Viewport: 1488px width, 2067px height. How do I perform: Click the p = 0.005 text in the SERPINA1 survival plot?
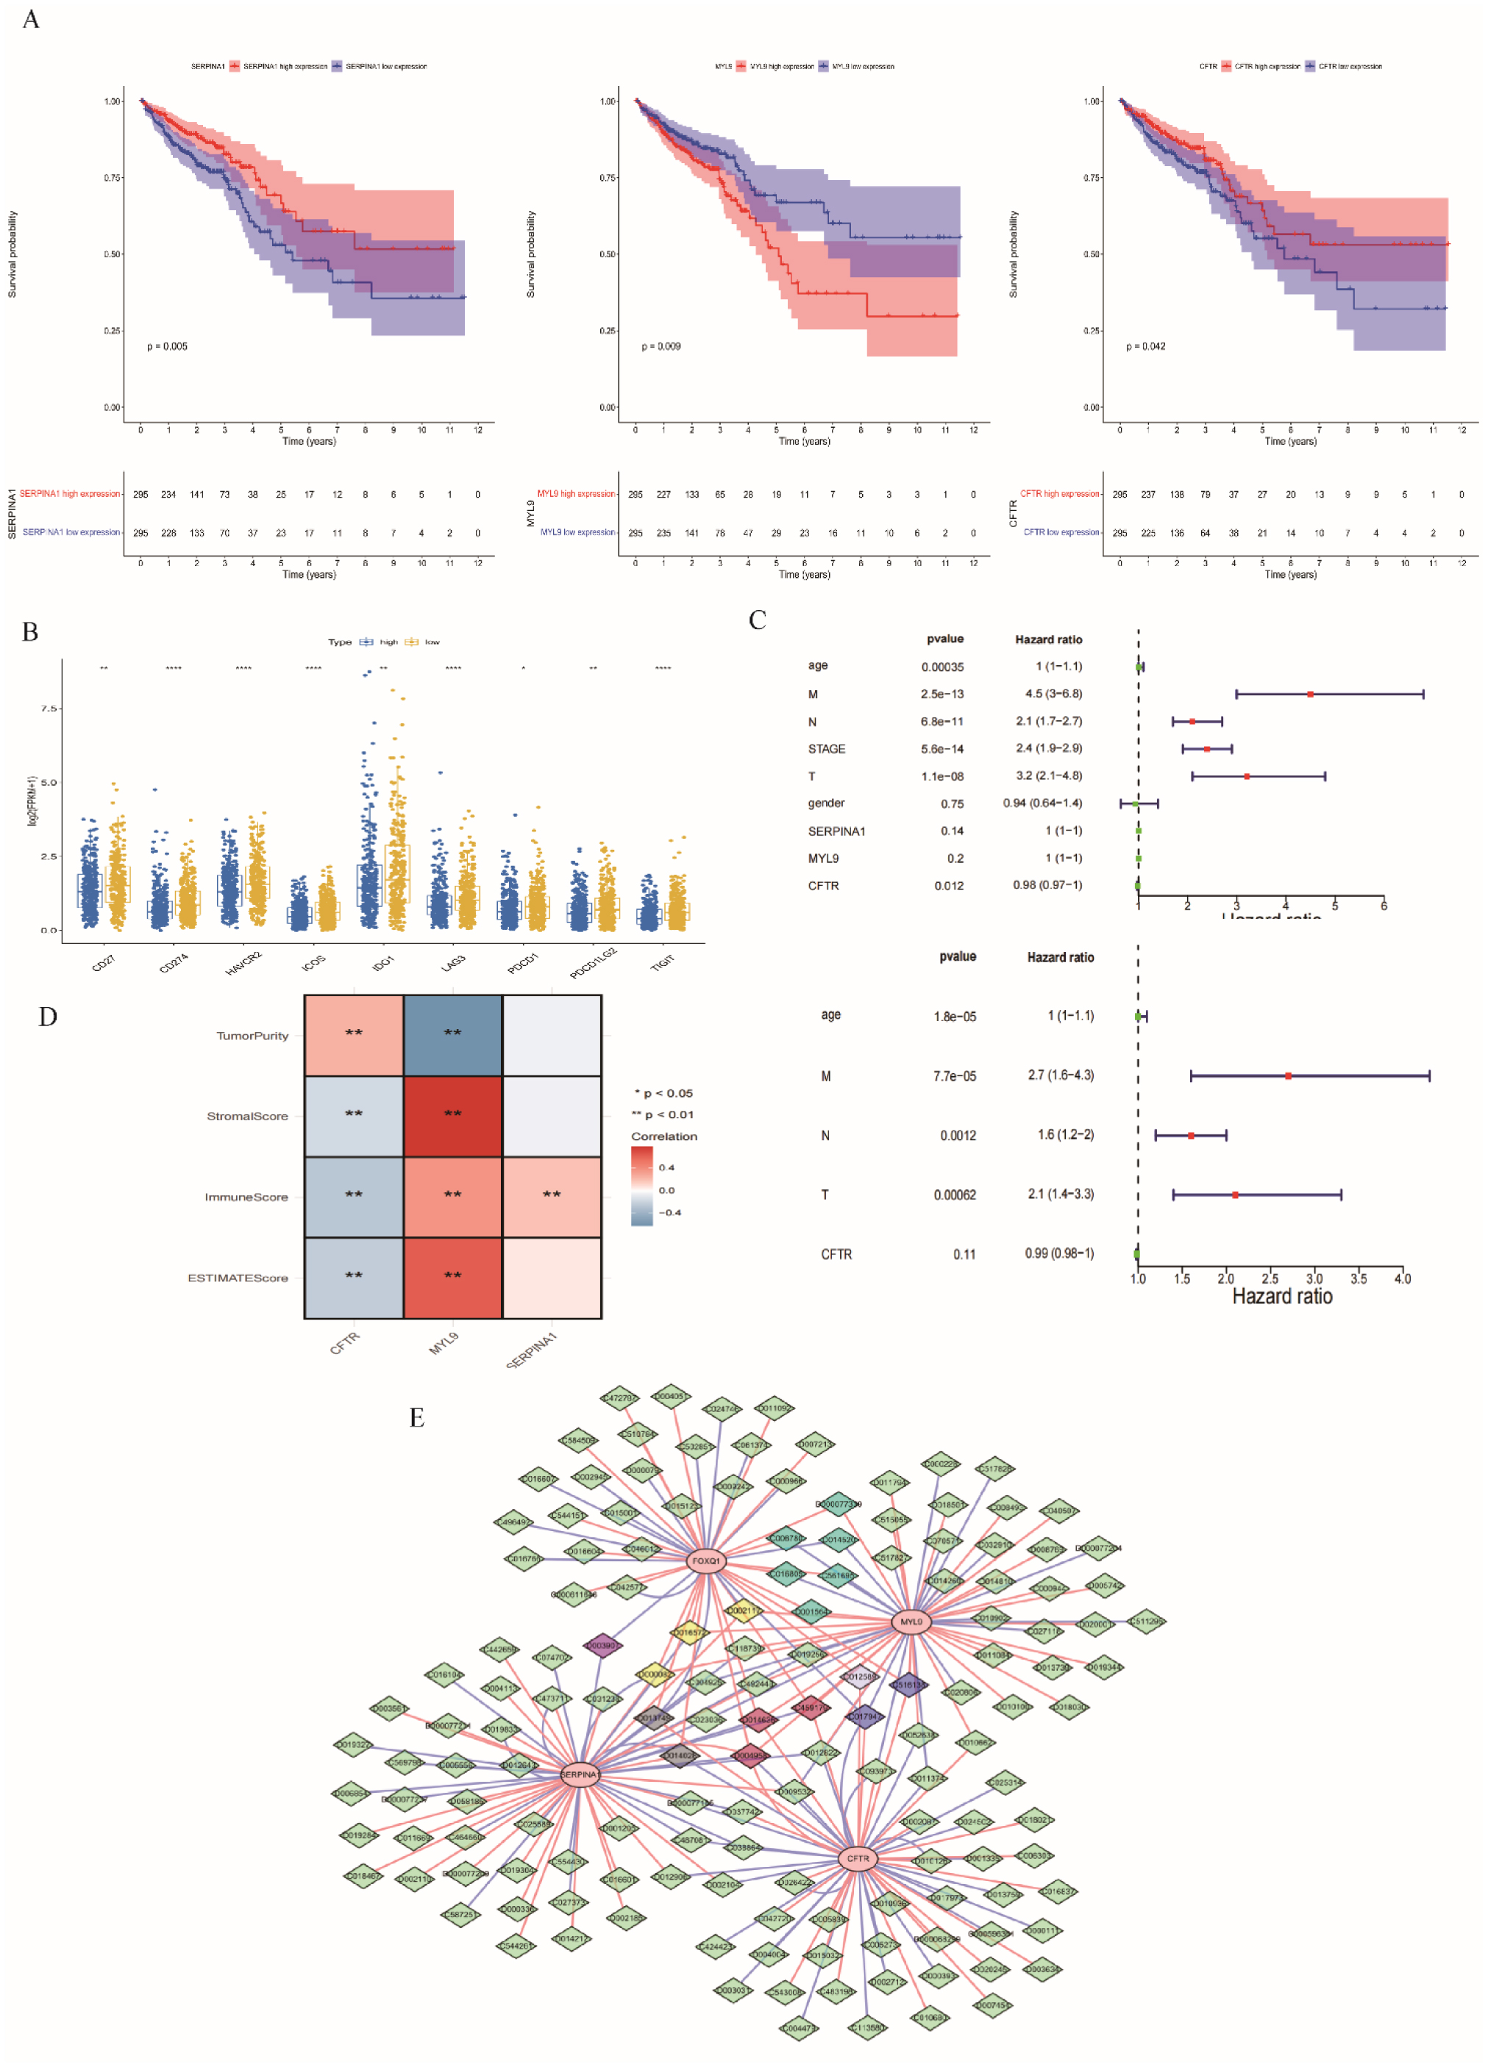pos(167,346)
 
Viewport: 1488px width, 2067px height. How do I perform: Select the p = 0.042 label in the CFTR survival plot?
pos(1145,346)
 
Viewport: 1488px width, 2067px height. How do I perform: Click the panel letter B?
pos(30,631)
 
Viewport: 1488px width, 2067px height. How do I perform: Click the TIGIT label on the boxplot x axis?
pos(663,961)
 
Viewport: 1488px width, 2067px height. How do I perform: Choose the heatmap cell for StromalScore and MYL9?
pos(452,1116)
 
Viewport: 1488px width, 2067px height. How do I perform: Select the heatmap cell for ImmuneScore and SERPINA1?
pos(552,1196)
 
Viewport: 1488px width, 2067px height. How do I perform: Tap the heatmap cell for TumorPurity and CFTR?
pos(354,1035)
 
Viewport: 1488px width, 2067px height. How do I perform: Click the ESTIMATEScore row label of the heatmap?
pos(238,1278)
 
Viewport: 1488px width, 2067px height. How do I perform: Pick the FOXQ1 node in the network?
pos(705,1561)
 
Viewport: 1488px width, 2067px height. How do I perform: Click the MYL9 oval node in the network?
pos(911,1622)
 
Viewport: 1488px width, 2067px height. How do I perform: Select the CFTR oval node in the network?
pos(858,1858)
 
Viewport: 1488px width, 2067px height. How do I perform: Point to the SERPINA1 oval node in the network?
pos(580,1774)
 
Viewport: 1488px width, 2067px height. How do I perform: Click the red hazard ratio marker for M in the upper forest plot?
pos(1310,695)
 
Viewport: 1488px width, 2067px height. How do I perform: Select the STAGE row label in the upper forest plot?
pos(826,749)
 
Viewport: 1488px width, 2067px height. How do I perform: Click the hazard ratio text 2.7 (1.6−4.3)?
pos(1061,1075)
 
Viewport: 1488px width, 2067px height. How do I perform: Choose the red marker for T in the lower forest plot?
pos(1234,1194)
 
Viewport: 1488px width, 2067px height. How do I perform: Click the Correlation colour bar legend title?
pos(663,1136)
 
